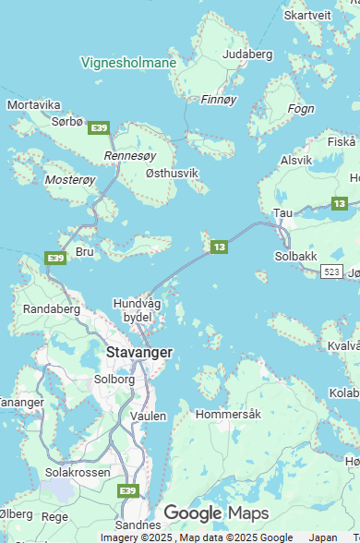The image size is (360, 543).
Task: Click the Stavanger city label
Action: [139, 352]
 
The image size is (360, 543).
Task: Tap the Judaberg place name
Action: [248, 54]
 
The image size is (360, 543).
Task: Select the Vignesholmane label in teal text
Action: [128, 63]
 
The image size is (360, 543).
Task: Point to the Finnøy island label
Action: [219, 99]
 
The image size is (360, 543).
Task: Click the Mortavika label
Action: [34, 104]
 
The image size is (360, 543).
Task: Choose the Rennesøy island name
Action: [130, 156]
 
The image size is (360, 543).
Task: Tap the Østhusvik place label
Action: [172, 173]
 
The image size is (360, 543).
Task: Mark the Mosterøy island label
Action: [70, 179]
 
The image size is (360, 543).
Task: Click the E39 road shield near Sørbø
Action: [100, 127]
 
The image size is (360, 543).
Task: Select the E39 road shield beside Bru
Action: [55, 257]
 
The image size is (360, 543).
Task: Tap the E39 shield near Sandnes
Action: [128, 490]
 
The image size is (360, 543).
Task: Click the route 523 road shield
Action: [332, 271]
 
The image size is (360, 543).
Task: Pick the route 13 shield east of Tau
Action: [340, 203]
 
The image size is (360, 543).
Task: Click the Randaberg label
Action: [52, 308]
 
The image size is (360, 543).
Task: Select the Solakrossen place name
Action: [78, 472]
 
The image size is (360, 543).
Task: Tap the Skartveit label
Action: [307, 15]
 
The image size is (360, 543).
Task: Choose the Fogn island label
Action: [301, 108]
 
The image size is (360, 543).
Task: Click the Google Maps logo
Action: [215, 513]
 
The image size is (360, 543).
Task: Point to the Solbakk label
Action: [296, 255]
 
